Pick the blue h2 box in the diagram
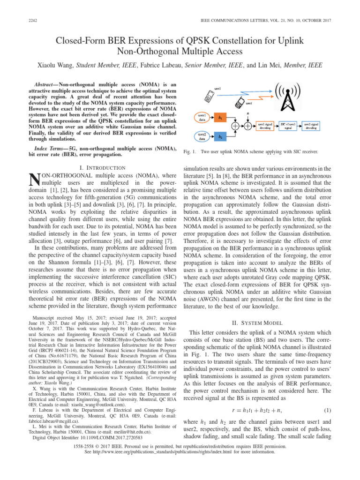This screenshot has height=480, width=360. point(220,136)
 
